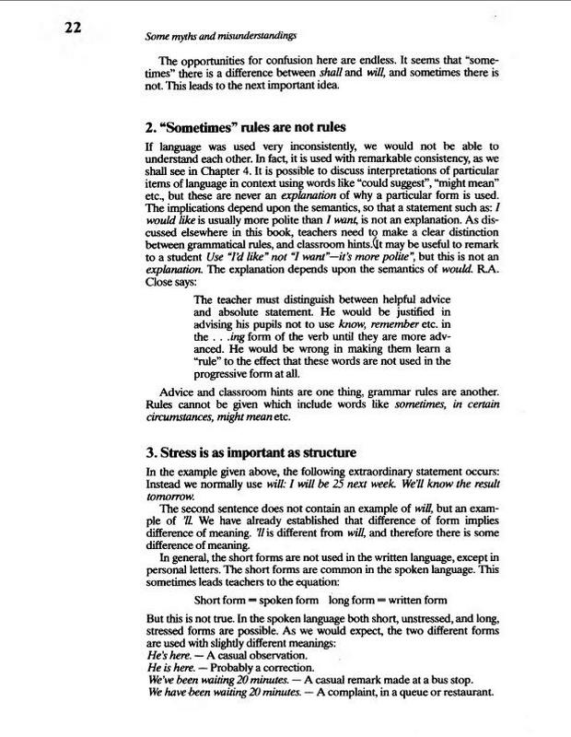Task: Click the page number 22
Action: (75, 27)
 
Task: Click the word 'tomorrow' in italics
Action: (172, 495)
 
